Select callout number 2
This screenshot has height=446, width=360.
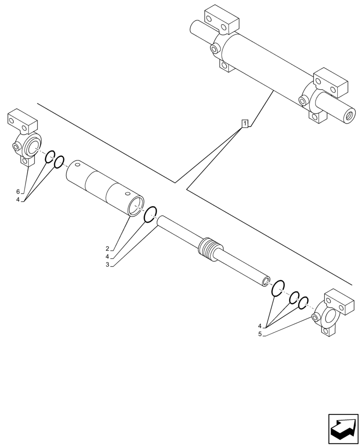[x=107, y=248]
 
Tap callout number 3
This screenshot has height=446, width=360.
[x=107, y=264]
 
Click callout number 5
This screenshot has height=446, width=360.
[x=260, y=334]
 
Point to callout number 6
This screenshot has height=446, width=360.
[x=18, y=191]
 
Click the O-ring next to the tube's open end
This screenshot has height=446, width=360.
[x=151, y=214]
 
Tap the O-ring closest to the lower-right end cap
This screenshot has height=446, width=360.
[x=303, y=303]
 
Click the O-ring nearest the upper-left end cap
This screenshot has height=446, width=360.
[x=50, y=156]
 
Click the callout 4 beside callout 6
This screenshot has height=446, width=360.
[x=18, y=199]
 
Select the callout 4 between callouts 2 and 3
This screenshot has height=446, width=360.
[x=107, y=256]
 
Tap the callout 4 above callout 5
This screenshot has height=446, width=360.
[x=260, y=326]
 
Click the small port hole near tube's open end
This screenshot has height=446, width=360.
[x=128, y=193]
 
